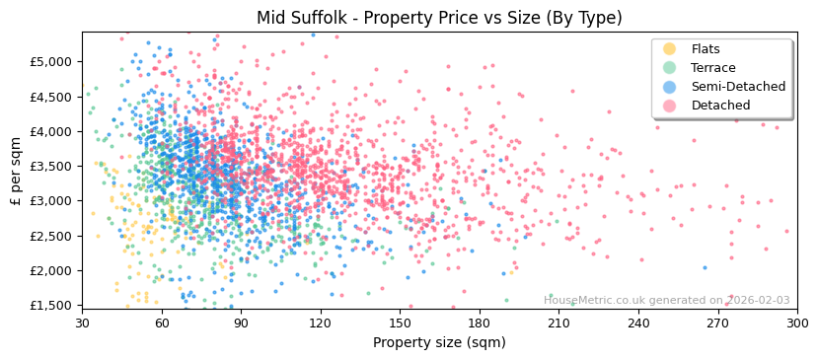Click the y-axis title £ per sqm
17,172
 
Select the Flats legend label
705,49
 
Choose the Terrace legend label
712,68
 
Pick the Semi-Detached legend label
738,87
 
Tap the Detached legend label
720,106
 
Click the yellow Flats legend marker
669,49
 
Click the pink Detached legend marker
669,106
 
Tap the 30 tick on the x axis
82,323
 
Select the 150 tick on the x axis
400,323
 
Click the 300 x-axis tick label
796,323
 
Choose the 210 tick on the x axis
558,323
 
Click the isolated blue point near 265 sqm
705,267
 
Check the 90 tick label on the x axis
241,323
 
